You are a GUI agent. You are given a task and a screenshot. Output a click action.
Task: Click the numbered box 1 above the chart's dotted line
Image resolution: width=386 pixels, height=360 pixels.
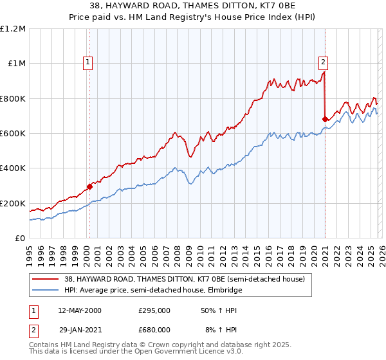[87, 62]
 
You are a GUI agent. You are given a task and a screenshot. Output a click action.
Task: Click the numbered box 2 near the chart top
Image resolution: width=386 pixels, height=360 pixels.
[323, 62]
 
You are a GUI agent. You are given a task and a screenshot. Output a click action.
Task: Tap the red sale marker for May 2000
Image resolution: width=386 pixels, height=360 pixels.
[89, 187]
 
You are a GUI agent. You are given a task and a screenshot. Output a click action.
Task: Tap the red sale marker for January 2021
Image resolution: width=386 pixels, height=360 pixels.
[325, 119]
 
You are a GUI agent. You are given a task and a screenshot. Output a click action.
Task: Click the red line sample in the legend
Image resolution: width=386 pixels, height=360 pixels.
[46, 279]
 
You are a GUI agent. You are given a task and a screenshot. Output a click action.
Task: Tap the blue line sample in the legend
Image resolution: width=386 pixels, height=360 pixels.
[46, 291]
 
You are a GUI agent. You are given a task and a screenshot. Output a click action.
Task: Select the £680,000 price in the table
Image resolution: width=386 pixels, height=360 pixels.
[154, 329]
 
